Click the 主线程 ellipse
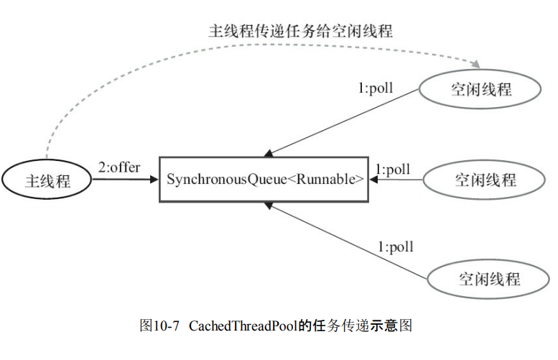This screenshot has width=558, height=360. tap(47, 180)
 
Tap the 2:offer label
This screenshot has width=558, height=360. tap(119, 167)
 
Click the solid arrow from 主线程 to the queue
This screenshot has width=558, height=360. tap(126, 180)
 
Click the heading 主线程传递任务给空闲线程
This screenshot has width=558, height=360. tap(301, 31)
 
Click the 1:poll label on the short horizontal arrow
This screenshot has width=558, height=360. tap(393, 170)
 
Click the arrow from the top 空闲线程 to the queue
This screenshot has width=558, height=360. tap(345, 121)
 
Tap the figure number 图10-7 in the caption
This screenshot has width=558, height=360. tap(159, 326)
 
